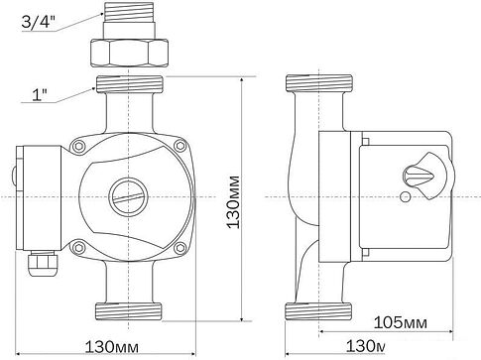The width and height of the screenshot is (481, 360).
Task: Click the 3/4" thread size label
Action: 38,22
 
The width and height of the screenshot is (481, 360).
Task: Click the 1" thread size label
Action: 40,95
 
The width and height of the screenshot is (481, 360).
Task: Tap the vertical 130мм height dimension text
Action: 233,202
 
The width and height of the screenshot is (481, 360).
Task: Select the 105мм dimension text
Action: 400,322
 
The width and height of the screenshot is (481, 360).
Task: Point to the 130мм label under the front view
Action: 112,347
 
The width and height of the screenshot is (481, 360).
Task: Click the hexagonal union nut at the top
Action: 129,53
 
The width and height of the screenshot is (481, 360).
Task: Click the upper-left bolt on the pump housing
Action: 78,146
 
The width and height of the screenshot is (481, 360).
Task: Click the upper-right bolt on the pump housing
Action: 180,146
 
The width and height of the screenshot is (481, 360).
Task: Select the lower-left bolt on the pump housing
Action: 78,247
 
